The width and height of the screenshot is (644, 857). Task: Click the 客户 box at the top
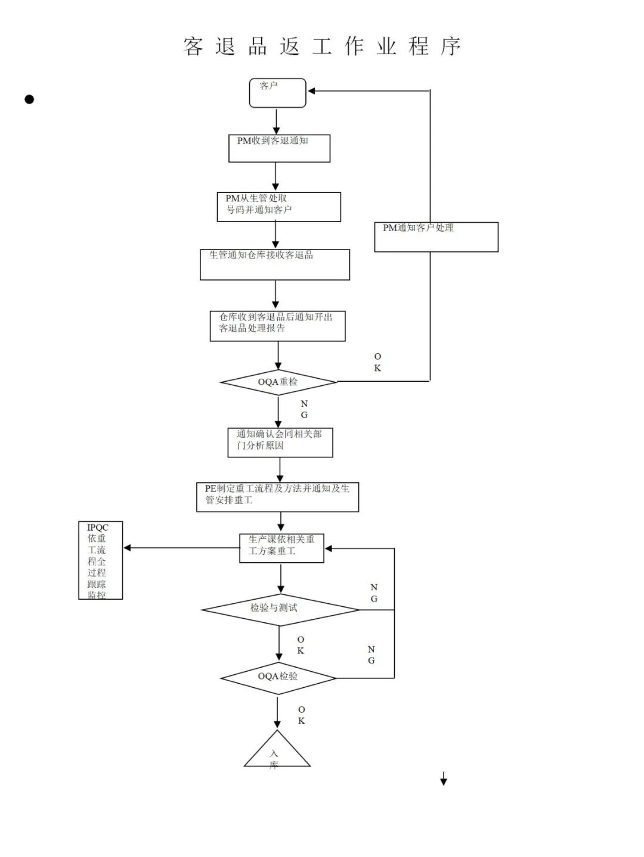pyautogui.click(x=277, y=93)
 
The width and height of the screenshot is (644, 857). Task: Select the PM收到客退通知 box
pyautogui.click(x=279, y=148)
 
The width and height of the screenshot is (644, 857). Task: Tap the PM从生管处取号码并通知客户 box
pyautogui.click(x=278, y=207)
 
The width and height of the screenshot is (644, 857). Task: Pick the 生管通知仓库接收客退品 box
pyautogui.click(x=274, y=264)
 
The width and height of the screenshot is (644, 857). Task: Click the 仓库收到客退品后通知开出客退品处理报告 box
pyautogui.click(x=277, y=326)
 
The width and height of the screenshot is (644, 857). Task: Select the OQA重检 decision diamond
pyautogui.click(x=278, y=382)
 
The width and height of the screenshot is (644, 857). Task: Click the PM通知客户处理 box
pyautogui.click(x=436, y=237)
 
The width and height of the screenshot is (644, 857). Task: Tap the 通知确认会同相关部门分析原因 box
pyautogui.click(x=280, y=442)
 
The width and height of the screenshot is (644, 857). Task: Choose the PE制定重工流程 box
pyautogui.click(x=277, y=497)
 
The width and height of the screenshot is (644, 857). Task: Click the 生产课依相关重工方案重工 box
pyautogui.click(x=281, y=548)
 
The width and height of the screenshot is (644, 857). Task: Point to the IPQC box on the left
pyautogui.click(x=100, y=560)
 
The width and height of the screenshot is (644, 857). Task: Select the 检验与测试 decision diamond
pyautogui.click(x=280, y=609)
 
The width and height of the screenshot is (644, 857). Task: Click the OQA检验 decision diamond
pyautogui.click(x=278, y=678)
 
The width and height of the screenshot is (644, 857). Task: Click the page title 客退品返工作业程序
pyautogui.click(x=322, y=46)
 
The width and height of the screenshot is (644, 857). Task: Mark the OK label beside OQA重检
pyautogui.click(x=377, y=362)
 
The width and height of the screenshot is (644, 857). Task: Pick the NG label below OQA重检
pyautogui.click(x=304, y=409)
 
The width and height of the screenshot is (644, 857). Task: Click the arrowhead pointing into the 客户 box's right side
pyautogui.click(x=311, y=91)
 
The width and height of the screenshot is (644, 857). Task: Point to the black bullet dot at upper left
pyautogui.click(x=29, y=99)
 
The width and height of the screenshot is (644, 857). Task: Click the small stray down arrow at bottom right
pyautogui.click(x=443, y=779)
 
